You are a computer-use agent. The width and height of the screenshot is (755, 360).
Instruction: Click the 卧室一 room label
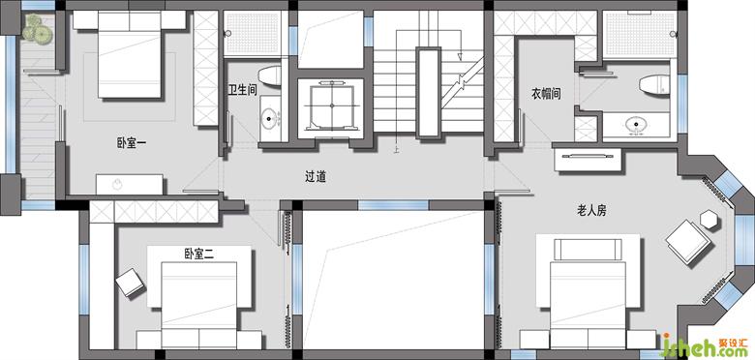pos(132,143)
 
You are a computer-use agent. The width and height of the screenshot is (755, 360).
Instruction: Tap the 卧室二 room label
pos(198,254)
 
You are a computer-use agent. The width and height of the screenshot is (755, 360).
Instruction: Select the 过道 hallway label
pos(316,177)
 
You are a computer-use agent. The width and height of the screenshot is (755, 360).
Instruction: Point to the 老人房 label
pos(591,210)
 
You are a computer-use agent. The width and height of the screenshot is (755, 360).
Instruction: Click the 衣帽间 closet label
pos(546,93)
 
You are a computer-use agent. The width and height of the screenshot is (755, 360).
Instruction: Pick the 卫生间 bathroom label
pos(242,90)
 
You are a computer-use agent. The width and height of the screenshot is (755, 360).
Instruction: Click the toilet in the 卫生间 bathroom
pos(270,76)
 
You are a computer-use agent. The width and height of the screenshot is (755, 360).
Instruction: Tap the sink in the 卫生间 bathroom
pos(270,118)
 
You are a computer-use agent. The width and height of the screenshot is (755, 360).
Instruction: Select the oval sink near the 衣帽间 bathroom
pos(637,125)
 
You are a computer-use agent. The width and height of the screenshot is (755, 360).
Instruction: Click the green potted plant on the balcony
pos(38,29)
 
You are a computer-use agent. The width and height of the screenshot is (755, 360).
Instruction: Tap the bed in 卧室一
pos(130,54)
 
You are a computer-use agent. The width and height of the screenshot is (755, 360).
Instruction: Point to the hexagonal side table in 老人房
pos(709,220)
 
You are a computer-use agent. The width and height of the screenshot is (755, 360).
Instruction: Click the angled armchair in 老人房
pos(688,242)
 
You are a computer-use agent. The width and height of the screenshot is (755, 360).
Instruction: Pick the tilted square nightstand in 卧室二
pos(130,282)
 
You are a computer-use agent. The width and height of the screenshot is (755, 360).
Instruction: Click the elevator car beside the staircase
pos(331,106)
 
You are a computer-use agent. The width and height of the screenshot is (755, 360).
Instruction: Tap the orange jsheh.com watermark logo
pos(706,346)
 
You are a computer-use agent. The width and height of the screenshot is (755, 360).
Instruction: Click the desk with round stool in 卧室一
pos(129,184)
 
